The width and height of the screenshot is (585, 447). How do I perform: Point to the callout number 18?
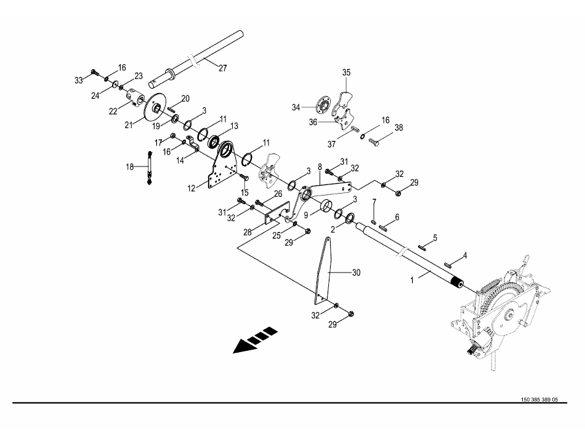click(x=129, y=166)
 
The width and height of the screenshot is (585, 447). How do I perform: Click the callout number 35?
click(x=346, y=73)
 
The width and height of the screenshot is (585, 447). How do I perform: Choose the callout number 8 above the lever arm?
click(x=320, y=166)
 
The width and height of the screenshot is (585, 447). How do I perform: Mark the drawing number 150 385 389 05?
click(x=539, y=400)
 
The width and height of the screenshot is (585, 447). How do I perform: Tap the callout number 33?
click(x=78, y=80)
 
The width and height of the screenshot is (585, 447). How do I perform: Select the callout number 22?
click(x=113, y=110)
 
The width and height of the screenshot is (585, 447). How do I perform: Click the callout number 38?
click(x=398, y=128)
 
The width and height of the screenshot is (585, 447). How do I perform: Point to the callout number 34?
click(x=297, y=108)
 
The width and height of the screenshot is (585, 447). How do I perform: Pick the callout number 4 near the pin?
click(x=465, y=255)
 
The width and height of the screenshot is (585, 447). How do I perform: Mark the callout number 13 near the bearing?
click(x=233, y=126)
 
